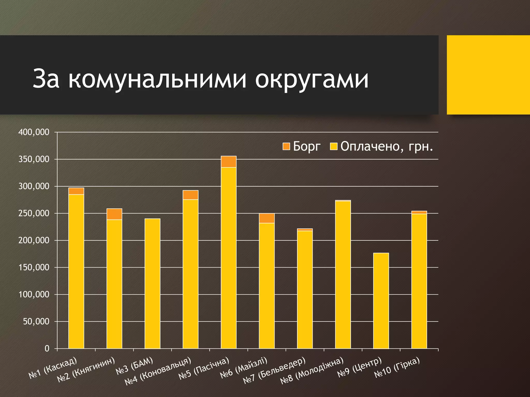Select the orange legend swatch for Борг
[x=286, y=146]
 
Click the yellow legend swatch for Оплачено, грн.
[x=334, y=146]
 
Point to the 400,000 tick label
[x=34, y=132]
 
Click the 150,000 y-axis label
[x=34, y=267]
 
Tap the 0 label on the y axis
[x=47, y=348]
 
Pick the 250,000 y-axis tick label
[x=34, y=213]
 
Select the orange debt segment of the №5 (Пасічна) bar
[x=229, y=162]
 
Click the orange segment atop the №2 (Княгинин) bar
[x=114, y=214]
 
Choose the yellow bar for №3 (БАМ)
[x=152, y=283]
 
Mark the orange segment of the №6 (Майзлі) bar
[x=267, y=218]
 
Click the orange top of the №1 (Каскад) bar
[x=76, y=191]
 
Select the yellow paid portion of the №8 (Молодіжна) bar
[x=343, y=274]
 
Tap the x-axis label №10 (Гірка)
[x=397, y=368]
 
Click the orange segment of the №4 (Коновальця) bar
[x=190, y=195]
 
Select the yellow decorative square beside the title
[x=488, y=75]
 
